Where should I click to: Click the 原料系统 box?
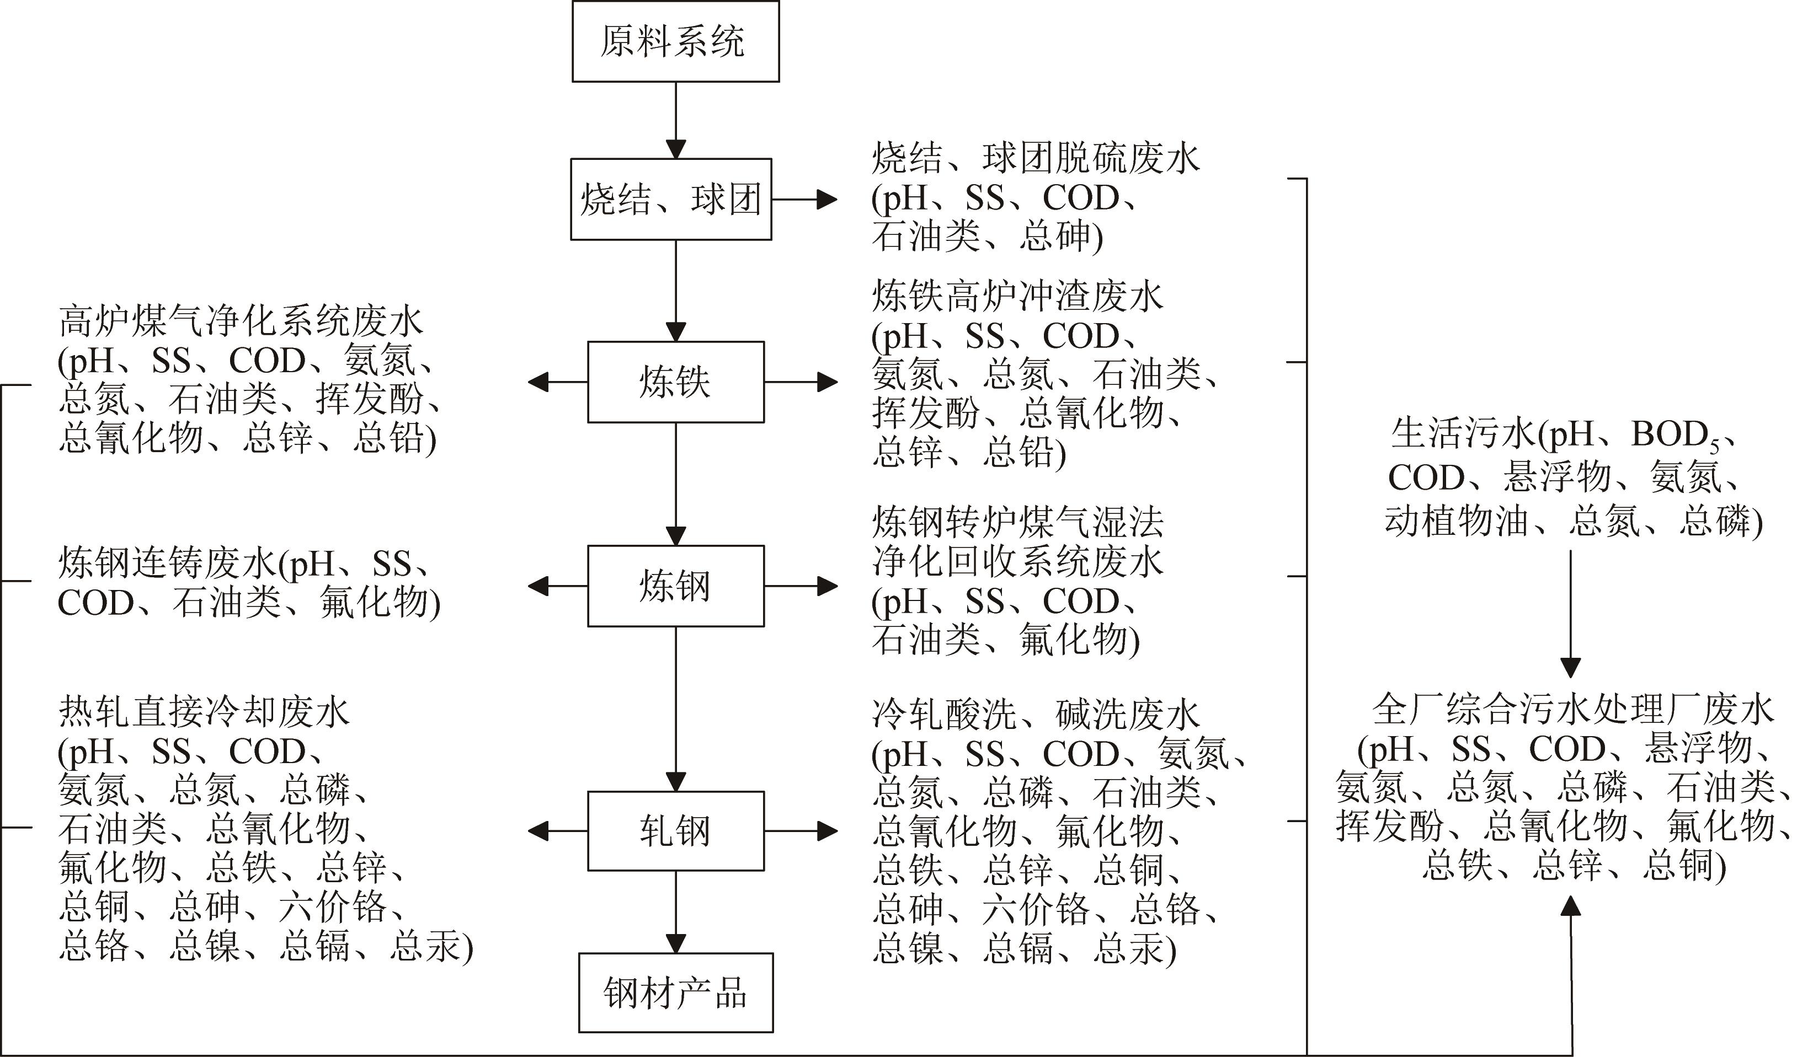[675, 41]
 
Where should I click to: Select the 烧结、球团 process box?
[670, 199]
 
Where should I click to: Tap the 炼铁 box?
[675, 382]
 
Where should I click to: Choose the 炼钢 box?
[675, 586]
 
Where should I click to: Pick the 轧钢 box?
[675, 831]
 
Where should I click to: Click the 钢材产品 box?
[675, 993]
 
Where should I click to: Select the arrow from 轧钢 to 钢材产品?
[675, 912]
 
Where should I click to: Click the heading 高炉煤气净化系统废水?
[241, 321]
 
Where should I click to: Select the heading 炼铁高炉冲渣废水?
[1017, 296]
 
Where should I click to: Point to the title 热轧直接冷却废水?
[204, 712]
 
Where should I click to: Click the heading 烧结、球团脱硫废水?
[1036, 158]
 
